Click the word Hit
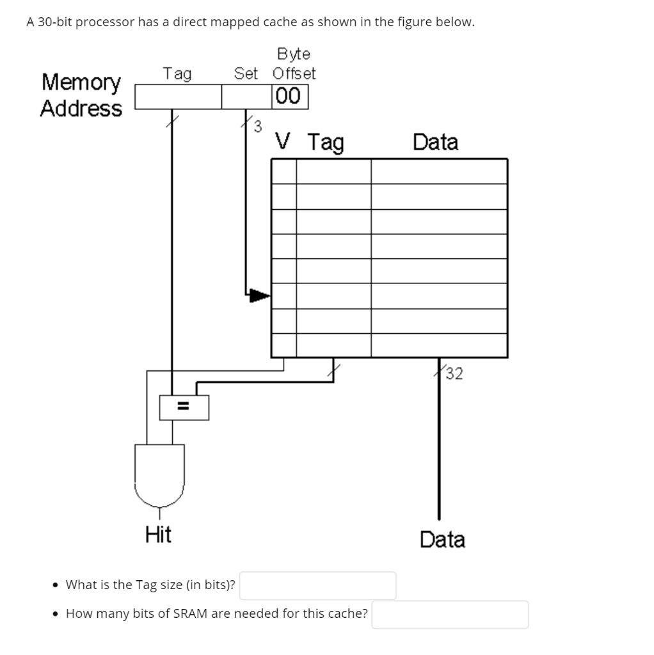click(158, 533)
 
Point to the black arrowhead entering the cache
click(259, 295)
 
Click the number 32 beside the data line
click(454, 373)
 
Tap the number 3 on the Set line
click(257, 126)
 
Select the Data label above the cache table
click(435, 141)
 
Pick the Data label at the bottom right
click(442, 539)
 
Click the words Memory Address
click(81, 95)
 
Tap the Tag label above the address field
click(177, 74)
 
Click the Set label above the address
click(246, 74)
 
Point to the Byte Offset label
click(294, 63)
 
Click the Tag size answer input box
click(317, 585)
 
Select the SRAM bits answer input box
click(450, 614)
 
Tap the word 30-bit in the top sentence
click(59, 22)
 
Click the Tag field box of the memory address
click(178, 97)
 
